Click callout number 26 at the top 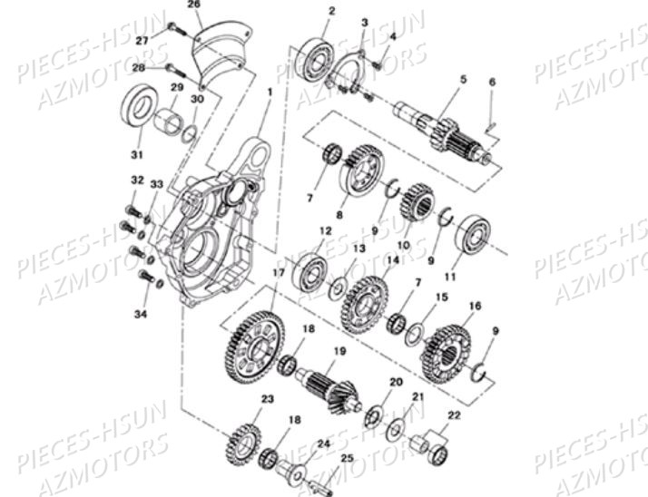191,5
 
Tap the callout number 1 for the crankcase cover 270,93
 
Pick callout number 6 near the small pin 491,83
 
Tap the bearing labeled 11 470,236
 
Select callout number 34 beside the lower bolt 141,315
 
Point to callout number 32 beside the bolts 137,180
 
